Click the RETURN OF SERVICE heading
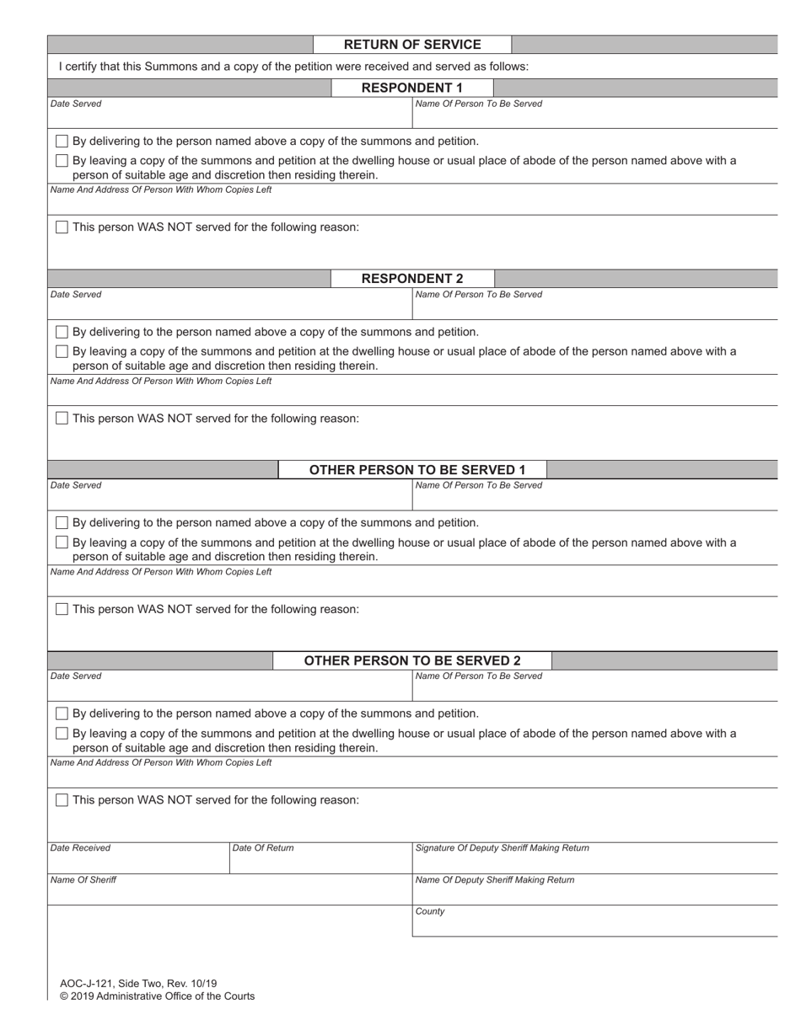click(x=412, y=45)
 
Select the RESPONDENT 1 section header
click(x=412, y=88)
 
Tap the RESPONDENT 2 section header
click(x=412, y=279)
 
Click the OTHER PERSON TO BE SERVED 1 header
click(x=412, y=470)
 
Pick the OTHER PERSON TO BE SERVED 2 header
click(x=412, y=661)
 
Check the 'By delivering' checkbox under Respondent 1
click(x=62, y=142)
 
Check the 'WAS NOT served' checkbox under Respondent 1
click(x=62, y=227)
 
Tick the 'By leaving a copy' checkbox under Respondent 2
click(x=62, y=352)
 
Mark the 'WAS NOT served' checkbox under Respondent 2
click(x=62, y=419)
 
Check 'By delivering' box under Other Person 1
click(x=62, y=523)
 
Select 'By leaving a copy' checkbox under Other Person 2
click(x=62, y=734)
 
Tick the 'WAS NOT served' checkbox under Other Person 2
click(x=62, y=800)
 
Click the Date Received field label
click(x=80, y=848)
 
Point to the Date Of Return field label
click(x=263, y=848)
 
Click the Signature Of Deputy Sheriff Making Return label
click(x=502, y=848)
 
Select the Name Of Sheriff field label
click(x=83, y=880)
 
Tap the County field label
click(x=430, y=911)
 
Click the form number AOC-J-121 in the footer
click(x=138, y=983)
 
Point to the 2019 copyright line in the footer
click(x=157, y=996)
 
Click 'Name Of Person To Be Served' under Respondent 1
click(x=479, y=104)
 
